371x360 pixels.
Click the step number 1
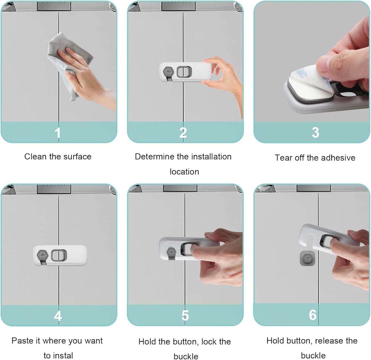(58, 133)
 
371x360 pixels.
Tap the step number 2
(183, 132)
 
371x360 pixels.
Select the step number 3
(315, 132)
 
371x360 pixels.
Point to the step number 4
(58, 316)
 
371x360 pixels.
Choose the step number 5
(185, 316)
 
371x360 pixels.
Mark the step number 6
(312, 315)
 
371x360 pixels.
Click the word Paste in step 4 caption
(22, 341)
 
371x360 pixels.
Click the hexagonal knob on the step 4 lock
(43, 255)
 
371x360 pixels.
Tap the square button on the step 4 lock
(58, 255)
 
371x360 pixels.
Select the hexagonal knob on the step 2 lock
(168, 71)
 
